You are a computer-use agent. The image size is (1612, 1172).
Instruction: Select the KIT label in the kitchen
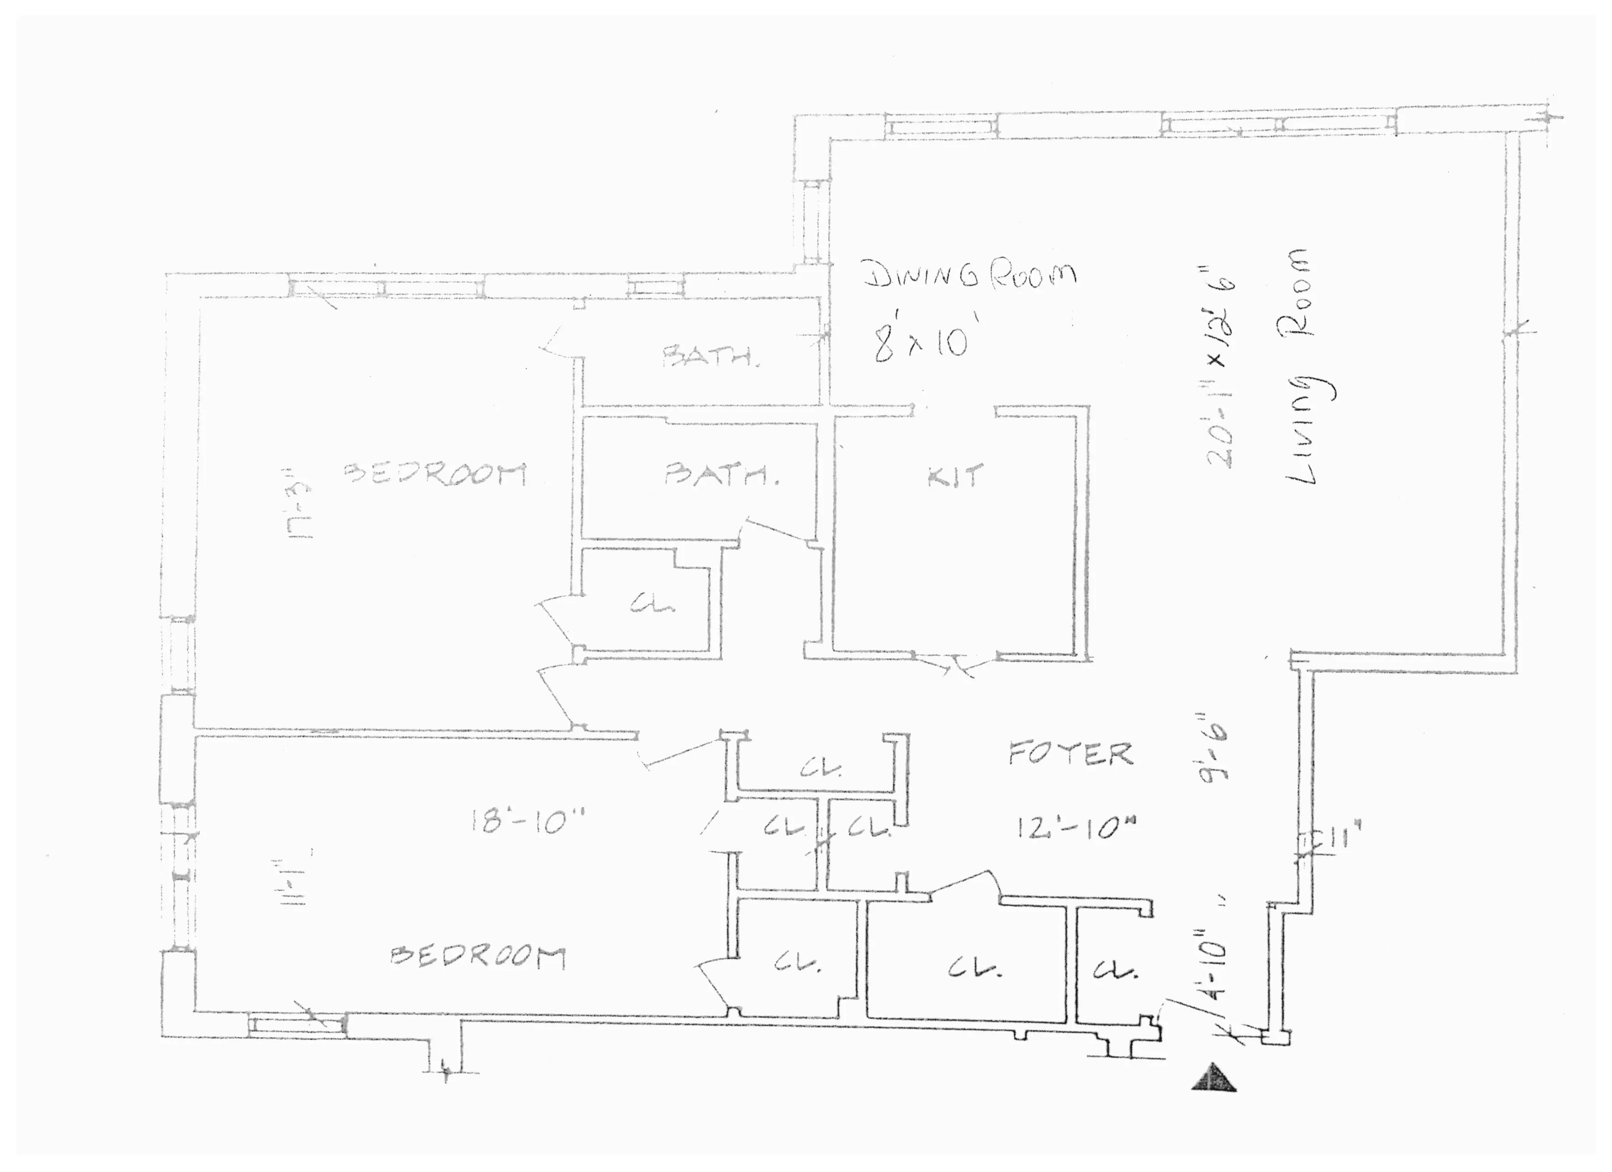coord(956,476)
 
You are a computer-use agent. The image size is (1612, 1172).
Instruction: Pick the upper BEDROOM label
coord(435,474)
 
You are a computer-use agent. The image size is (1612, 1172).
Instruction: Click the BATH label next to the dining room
coord(711,355)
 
